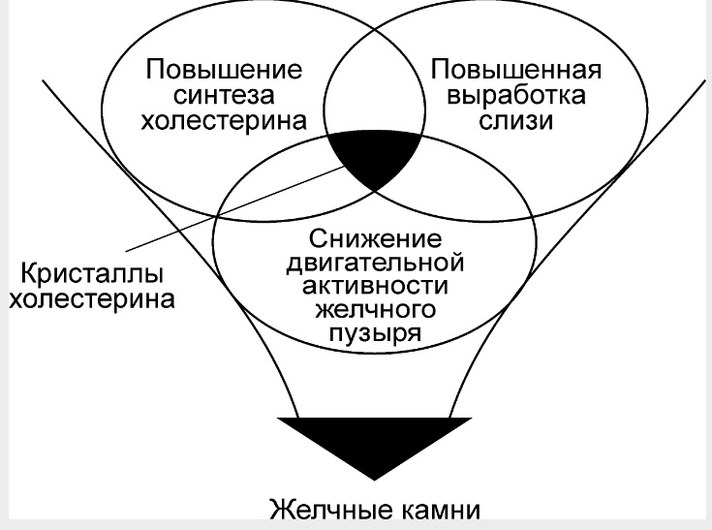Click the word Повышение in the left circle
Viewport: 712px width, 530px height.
click(224, 70)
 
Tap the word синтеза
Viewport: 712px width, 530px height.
click(224, 95)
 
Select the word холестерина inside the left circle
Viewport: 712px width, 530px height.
click(224, 121)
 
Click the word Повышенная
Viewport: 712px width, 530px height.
click(515, 70)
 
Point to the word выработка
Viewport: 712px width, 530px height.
click(515, 95)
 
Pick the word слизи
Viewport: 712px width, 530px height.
click(515, 121)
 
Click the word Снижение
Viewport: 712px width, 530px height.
click(375, 239)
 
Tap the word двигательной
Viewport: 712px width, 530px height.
click(375, 263)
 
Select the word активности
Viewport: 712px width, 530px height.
click(375, 286)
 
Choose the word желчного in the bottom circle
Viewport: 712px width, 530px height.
click(375, 310)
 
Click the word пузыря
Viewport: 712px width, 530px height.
click(375, 333)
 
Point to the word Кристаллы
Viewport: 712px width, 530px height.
click(92, 274)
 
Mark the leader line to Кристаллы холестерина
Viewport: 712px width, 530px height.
click(235, 208)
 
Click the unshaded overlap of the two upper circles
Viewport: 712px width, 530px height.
click(374, 91)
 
